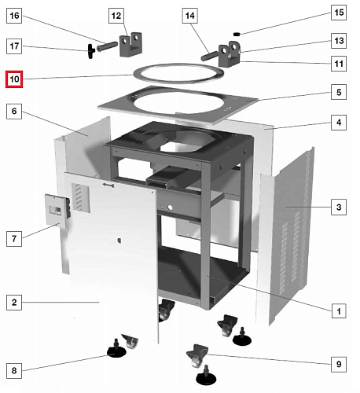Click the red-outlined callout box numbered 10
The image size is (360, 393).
14,79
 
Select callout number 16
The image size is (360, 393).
14,16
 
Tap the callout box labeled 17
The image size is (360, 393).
14,46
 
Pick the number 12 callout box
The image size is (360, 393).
116,16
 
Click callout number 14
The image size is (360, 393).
189,16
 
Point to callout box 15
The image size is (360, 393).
339,13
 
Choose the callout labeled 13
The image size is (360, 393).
339,41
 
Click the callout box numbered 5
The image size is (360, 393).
339,92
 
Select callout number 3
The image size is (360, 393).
339,207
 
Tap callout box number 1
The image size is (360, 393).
339,311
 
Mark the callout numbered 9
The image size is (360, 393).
339,364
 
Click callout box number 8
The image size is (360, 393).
14,370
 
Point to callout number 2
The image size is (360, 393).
14,303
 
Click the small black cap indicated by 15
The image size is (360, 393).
237,34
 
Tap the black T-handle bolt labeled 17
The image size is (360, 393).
91,51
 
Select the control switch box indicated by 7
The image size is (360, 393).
57,210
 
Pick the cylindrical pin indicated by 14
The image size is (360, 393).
209,57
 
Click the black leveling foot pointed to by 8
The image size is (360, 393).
116,349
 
